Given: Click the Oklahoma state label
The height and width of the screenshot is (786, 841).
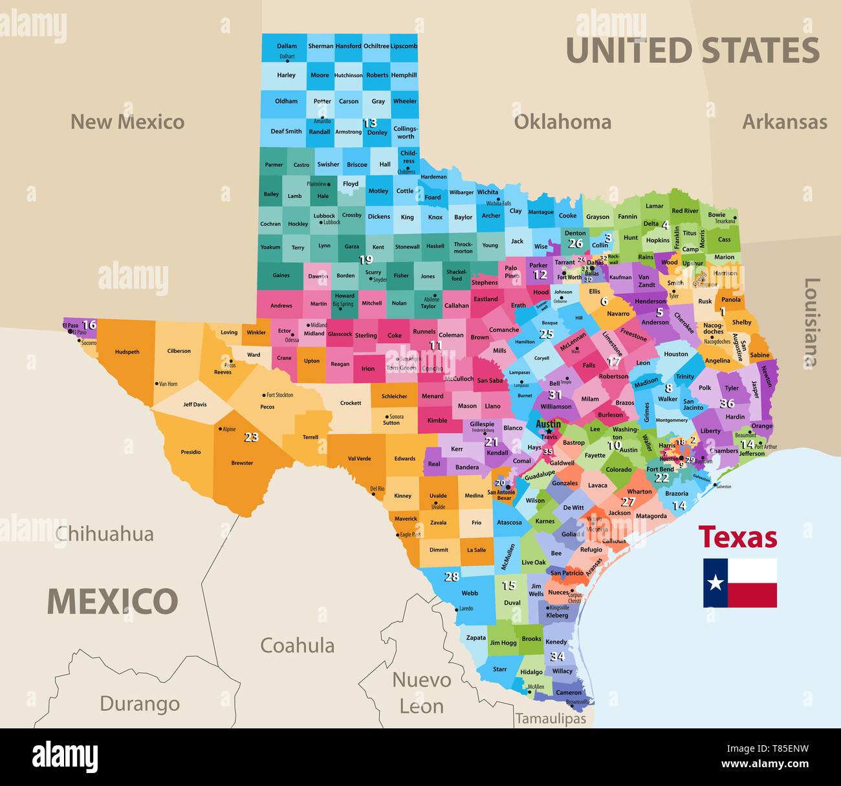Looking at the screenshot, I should point(562,122).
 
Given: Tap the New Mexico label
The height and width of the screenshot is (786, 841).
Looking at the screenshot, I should point(127,122).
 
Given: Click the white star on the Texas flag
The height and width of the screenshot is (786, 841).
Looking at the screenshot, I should point(715,583).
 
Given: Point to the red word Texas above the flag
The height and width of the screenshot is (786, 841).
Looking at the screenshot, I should point(737,537).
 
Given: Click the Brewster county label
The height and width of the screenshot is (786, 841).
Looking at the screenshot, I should point(242,463).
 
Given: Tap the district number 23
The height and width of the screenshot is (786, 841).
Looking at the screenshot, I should point(251,437).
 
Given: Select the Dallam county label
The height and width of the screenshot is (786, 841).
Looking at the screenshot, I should point(287,46).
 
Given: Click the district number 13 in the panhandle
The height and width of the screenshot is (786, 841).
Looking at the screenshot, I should point(369,122).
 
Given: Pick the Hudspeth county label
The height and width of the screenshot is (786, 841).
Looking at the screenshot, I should point(127,352).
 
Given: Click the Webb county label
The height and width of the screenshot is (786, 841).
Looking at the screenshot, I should point(470,593).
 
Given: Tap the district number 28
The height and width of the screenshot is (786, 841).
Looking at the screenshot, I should point(452,576).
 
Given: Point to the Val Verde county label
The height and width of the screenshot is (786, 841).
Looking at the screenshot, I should point(359,458).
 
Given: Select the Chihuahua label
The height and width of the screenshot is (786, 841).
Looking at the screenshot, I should point(105,534).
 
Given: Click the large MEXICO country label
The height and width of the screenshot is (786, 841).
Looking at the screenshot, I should point(112,601).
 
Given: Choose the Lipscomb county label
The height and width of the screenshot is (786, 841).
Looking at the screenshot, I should point(404,46).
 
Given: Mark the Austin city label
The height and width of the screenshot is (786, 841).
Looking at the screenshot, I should point(548,425).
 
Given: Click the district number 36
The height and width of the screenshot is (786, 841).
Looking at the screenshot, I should point(726,403).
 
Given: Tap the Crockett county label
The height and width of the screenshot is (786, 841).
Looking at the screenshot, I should point(351,403).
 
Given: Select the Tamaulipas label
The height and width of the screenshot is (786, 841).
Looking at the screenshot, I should point(551,719).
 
